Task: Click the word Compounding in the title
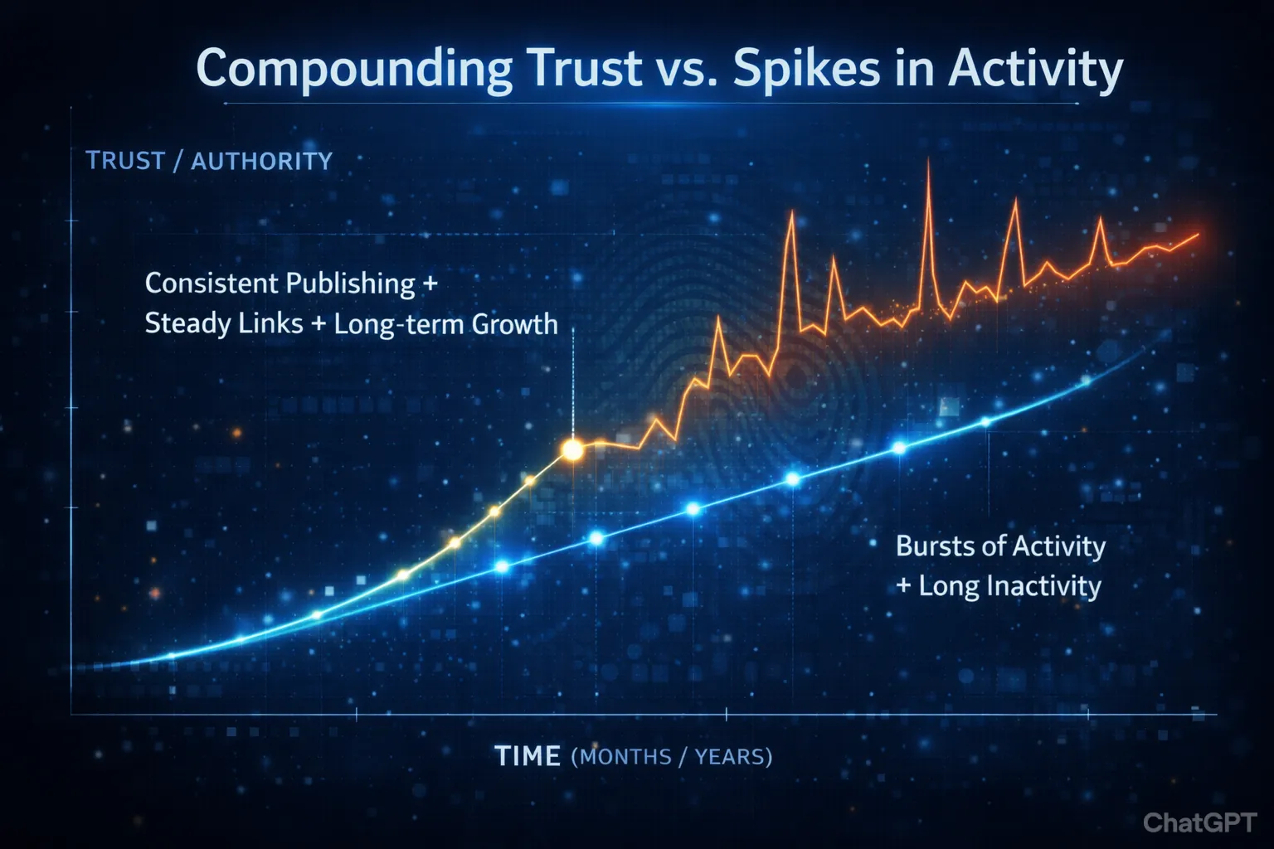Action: (x=354, y=69)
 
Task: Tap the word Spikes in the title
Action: (x=808, y=69)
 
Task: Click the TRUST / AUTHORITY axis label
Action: (x=209, y=161)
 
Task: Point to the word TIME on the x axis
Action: (x=528, y=756)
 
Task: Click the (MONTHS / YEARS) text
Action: (x=672, y=757)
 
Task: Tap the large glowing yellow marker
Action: (x=572, y=449)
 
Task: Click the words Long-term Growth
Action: (x=445, y=324)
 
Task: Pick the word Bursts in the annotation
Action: (x=933, y=546)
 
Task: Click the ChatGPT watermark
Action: (x=1199, y=822)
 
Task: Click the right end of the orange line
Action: (x=1197, y=235)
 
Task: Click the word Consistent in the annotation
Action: (x=210, y=284)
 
